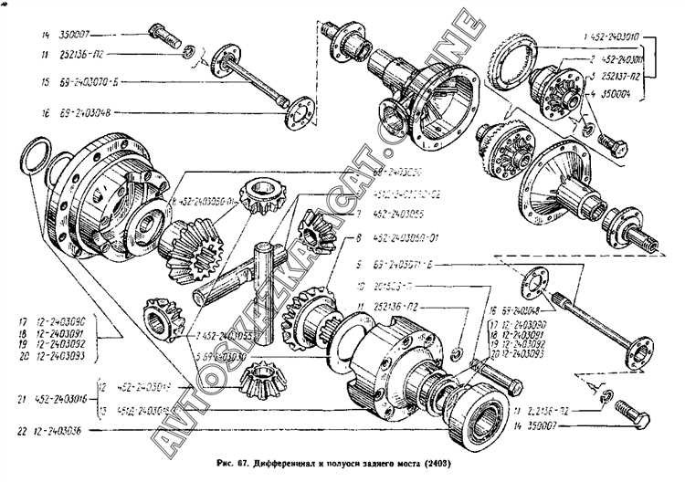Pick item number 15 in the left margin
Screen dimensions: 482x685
click(19, 83)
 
